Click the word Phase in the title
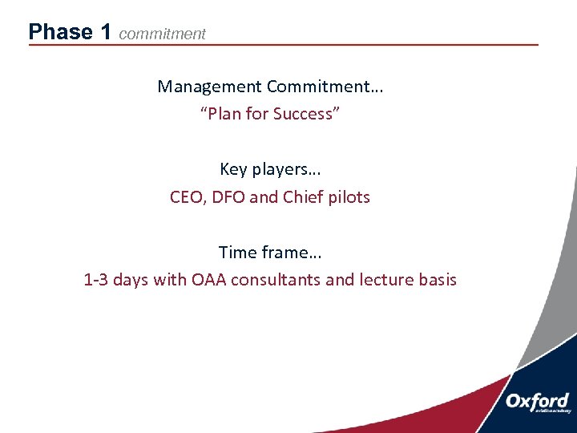pyautogui.click(x=60, y=32)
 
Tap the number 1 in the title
pyautogui.click(x=106, y=32)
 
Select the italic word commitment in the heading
pyautogui.click(x=162, y=34)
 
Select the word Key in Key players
pyautogui.click(x=233, y=169)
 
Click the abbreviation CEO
pyautogui.click(x=187, y=196)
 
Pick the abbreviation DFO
pyautogui.click(x=229, y=196)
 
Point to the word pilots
pyautogui.click(x=349, y=196)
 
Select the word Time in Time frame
pyautogui.click(x=237, y=253)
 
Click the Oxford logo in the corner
pyautogui.click(x=537, y=403)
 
